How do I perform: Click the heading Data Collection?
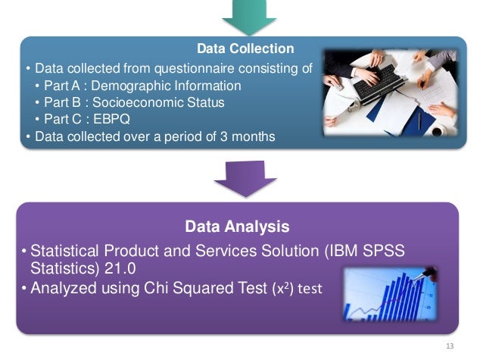[x=245, y=49]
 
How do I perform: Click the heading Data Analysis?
[x=237, y=226]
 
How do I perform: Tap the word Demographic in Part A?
[x=126, y=86]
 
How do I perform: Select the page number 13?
[x=451, y=346]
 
